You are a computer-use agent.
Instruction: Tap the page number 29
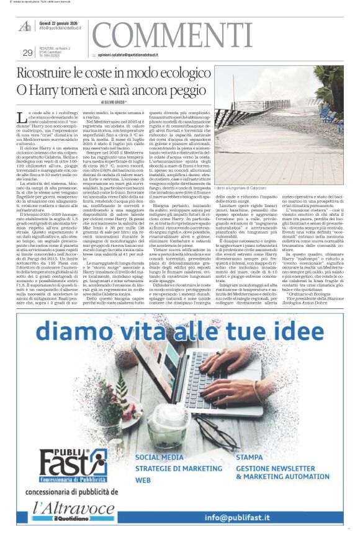point(27,52)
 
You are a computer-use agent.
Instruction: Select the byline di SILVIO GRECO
point(114,101)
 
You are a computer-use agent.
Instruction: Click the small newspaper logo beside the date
point(25,25)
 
